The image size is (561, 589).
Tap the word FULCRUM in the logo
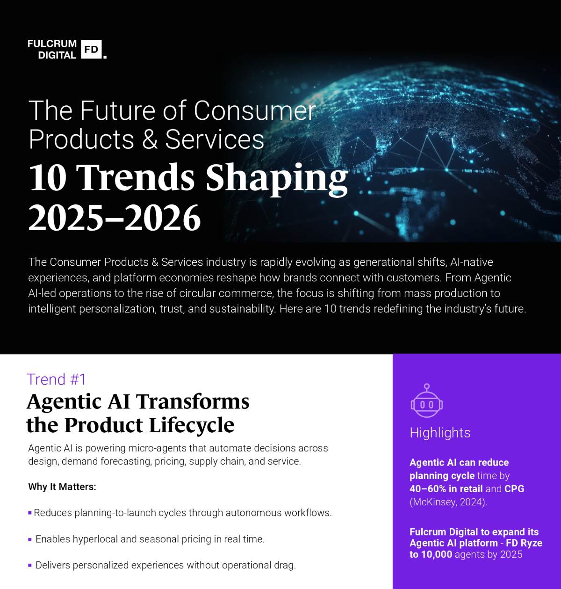[x=52, y=44]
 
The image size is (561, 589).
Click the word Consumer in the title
[x=254, y=111]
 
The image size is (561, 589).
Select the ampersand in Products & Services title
[x=150, y=139]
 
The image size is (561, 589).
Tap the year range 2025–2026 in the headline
[x=115, y=218]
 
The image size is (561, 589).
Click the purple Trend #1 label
[x=57, y=379]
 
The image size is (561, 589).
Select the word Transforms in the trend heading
[x=192, y=401]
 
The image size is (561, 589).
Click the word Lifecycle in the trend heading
[x=192, y=425]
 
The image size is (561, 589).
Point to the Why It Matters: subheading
[x=62, y=487]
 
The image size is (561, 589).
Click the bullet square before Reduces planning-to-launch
[x=30, y=513]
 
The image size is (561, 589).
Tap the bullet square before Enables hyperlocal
[x=30, y=539]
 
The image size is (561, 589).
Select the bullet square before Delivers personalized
[x=30, y=566]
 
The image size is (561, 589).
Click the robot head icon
[x=426, y=401]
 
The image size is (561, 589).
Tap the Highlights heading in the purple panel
[x=440, y=433]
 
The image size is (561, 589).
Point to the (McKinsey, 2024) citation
[x=448, y=502]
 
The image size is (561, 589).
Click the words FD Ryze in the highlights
[x=524, y=543]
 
